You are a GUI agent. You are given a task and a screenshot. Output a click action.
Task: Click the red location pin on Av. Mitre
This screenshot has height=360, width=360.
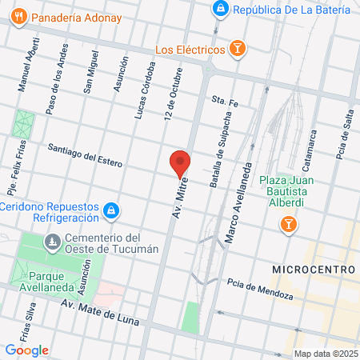(180, 163)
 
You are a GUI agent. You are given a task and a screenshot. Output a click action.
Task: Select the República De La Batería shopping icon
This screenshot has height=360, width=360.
(218, 9)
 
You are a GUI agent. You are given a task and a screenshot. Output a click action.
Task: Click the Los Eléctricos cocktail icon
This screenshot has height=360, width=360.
(236, 50)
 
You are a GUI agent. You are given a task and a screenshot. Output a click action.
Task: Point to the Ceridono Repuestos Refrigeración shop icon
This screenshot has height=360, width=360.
(112, 211)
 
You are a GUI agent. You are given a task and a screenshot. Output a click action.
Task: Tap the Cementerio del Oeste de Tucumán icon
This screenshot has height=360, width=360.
(53, 241)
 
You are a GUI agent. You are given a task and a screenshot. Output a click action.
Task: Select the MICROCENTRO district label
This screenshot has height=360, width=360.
(313, 270)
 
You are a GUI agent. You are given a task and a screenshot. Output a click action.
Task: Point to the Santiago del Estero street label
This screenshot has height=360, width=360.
(84, 155)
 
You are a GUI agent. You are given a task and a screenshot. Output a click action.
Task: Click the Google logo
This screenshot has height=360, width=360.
(26, 350)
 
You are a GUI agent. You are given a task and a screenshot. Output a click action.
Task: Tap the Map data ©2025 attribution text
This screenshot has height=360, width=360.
(324, 354)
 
